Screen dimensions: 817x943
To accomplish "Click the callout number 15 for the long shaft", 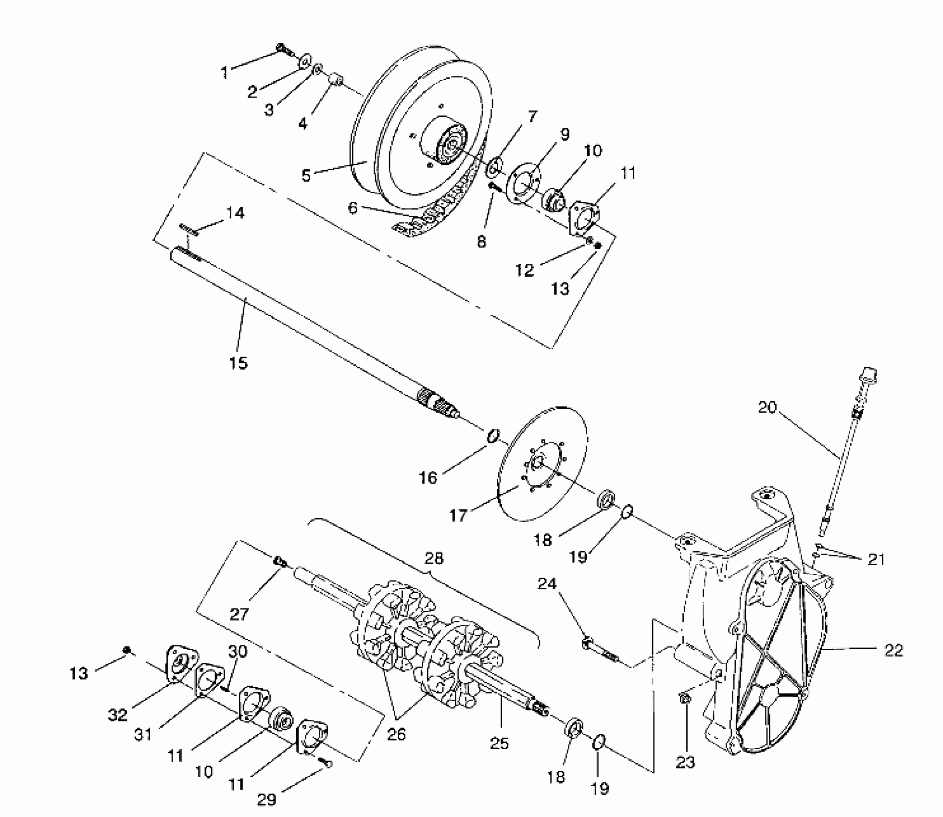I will (x=238, y=363).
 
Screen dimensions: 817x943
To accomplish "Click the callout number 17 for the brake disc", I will (x=458, y=516).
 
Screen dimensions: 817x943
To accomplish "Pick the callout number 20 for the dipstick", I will (x=767, y=408).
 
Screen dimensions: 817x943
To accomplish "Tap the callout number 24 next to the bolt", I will (x=547, y=583).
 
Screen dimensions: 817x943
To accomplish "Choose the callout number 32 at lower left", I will (x=118, y=715).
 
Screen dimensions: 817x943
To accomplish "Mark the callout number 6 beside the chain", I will (x=353, y=208).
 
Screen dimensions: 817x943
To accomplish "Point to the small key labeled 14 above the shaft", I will (x=189, y=229).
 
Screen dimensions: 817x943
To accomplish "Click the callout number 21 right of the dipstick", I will (x=876, y=559).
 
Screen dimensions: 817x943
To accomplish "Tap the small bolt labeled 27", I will (x=280, y=561).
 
